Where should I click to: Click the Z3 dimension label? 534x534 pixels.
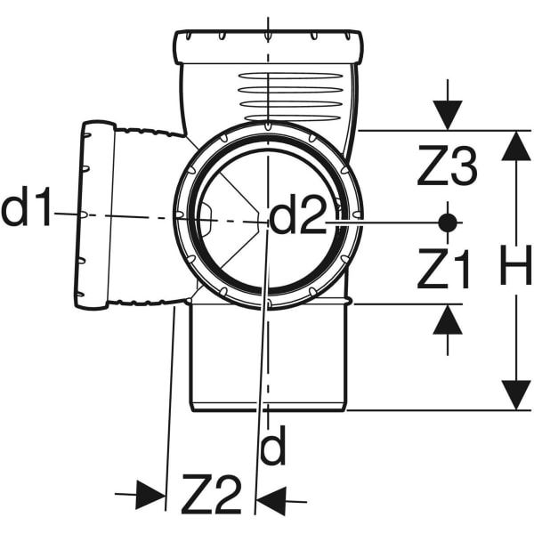click(x=447, y=166)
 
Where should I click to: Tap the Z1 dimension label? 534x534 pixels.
click(x=443, y=269)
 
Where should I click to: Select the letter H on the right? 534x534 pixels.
click(x=515, y=264)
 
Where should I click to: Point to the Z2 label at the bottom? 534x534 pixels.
click(x=211, y=494)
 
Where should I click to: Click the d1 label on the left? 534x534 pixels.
click(x=27, y=206)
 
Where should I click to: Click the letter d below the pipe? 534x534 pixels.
click(x=272, y=446)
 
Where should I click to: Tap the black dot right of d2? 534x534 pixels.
click(x=448, y=222)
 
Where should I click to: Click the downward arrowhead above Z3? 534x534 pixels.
click(x=448, y=115)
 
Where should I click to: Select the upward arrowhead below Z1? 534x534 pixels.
click(x=448, y=320)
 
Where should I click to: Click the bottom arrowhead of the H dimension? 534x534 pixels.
click(x=516, y=396)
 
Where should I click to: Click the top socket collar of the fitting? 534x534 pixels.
click(x=269, y=47)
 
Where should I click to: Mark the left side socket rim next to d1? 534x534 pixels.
click(x=95, y=214)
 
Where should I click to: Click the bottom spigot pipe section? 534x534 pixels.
click(x=269, y=358)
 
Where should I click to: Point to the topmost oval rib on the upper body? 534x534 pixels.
click(x=291, y=76)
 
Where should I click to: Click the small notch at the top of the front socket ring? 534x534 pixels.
click(x=268, y=126)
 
